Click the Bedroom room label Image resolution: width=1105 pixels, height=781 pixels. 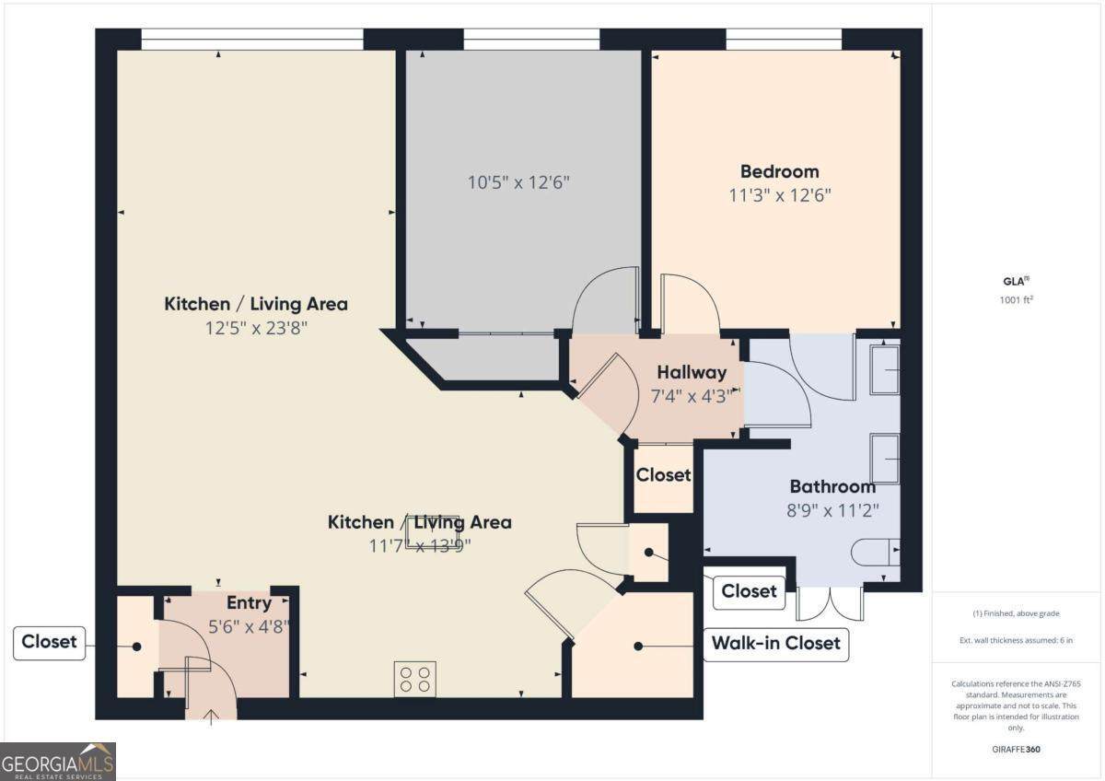tap(779, 171)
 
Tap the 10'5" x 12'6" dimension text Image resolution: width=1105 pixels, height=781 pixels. tap(518, 182)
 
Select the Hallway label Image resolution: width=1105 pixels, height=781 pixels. tap(692, 372)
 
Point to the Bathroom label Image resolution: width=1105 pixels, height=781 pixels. tap(832, 486)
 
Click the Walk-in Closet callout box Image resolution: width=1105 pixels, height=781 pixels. tap(776, 645)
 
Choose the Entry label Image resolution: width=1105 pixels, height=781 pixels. tap(250, 603)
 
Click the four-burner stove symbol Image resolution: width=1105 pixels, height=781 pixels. tap(415, 679)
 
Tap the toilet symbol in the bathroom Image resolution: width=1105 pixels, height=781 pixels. tap(876, 552)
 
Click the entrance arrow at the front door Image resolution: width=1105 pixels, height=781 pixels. tap(211, 717)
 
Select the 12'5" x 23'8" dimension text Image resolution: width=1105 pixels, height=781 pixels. tap(256, 328)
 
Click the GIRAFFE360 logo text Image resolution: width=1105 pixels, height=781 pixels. tap(1017, 749)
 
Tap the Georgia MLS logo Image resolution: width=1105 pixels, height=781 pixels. tap(58, 762)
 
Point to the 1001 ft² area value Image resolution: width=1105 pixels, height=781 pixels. tap(1017, 299)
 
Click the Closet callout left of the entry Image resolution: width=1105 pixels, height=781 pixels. tap(49, 643)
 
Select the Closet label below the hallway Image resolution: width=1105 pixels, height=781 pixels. tap(663, 474)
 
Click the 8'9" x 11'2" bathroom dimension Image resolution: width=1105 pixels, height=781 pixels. tap(832, 510)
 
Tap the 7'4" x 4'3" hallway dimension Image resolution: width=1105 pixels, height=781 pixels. tap(693, 396)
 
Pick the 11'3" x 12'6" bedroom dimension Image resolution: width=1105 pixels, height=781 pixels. tap(780, 195)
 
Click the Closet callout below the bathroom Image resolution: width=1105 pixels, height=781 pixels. tap(749, 592)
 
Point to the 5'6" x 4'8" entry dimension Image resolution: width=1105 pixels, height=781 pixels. tap(248, 626)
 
